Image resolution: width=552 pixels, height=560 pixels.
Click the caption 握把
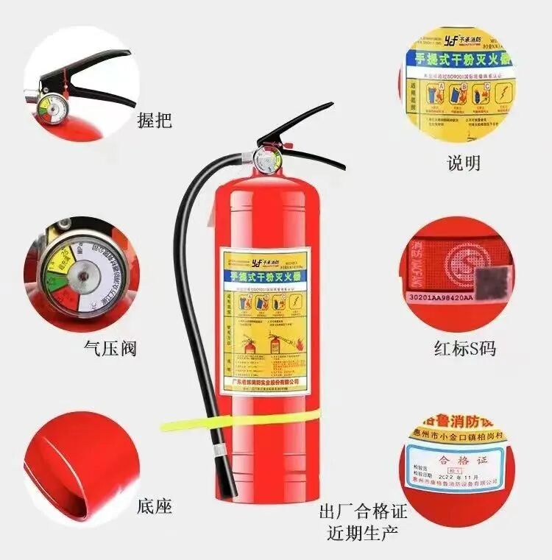click(x=155, y=120)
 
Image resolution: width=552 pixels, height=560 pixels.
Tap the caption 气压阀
click(x=110, y=347)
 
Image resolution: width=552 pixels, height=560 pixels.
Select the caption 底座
click(x=155, y=506)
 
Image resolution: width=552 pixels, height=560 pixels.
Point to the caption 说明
click(x=464, y=163)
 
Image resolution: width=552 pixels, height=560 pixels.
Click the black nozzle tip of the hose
click(x=225, y=479)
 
